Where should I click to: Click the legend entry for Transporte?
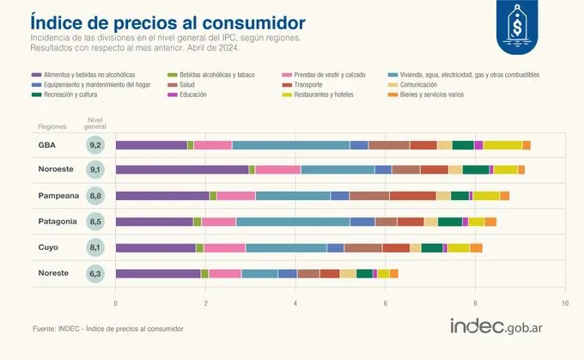(x=315, y=85)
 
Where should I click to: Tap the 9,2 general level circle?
(x=95, y=144)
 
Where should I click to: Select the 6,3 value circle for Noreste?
(x=95, y=273)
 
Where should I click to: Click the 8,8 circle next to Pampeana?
(x=95, y=196)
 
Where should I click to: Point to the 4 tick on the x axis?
(x=295, y=303)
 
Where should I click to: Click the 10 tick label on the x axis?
(x=564, y=303)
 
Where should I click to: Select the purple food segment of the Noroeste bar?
(x=182, y=170)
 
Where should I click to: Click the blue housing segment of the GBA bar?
(x=290, y=144)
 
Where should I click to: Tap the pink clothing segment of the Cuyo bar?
(x=224, y=247)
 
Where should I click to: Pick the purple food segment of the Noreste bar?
(x=158, y=273)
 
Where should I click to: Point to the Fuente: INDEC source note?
(x=107, y=328)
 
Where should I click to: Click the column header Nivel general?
(x=95, y=122)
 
